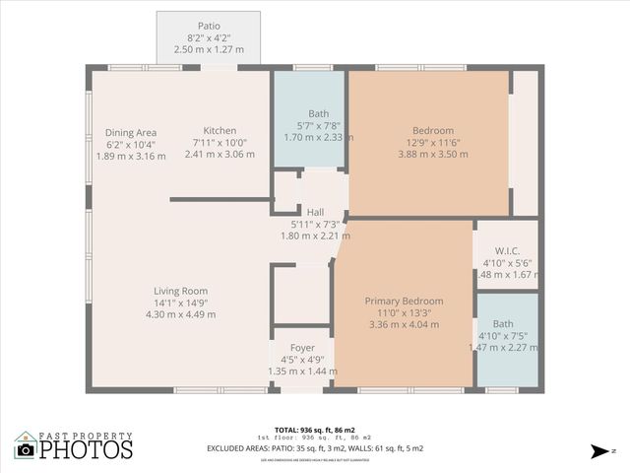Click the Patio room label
208,26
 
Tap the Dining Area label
132,132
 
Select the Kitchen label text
220,131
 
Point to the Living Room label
180,291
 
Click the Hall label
315,212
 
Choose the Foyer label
302,348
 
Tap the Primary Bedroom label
404,301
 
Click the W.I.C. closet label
508,249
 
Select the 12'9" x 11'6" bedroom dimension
433,143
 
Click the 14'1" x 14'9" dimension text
180,303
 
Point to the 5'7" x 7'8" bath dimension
318,125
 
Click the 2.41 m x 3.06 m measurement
220,155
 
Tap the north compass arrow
598,451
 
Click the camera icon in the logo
26,449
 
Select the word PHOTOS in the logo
86,450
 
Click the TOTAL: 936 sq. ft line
315,430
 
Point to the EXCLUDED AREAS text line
315,448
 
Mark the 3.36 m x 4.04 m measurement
404,324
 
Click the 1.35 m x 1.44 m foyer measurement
302,372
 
